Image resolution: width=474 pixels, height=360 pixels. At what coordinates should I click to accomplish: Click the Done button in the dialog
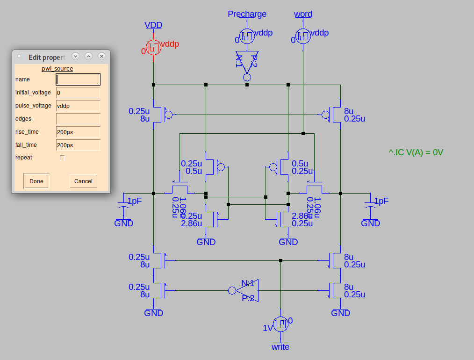(36, 181)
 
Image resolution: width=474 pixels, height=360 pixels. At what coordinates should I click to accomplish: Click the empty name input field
(78, 79)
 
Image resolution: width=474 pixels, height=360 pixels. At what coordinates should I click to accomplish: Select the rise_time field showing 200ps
(78, 132)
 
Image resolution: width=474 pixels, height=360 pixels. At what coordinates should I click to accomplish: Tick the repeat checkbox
(62, 158)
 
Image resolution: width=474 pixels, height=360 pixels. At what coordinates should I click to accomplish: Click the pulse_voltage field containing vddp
(78, 106)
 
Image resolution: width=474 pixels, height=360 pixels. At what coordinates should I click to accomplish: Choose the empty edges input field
(78, 119)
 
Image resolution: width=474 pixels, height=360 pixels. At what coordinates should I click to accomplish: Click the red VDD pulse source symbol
(153, 47)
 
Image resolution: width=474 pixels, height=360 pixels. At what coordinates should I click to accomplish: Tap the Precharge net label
(247, 14)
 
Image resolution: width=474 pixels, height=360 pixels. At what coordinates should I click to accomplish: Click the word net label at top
(303, 14)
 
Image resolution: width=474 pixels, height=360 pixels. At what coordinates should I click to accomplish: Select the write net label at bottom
(280, 346)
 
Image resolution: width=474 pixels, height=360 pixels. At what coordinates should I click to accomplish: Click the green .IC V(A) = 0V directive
(416, 152)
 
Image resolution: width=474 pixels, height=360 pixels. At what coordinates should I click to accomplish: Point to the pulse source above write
(280, 324)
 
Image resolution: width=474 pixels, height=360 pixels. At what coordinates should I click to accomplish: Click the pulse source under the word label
(303, 36)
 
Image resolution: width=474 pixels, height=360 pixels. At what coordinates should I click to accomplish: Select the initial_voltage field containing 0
(78, 93)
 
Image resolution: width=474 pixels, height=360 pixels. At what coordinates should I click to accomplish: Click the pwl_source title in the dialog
(57, 69)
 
